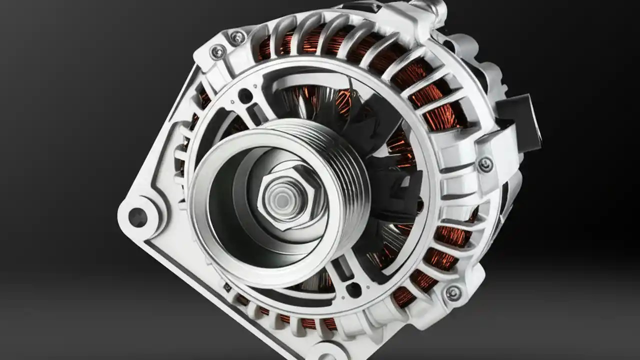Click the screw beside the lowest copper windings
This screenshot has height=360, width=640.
453,293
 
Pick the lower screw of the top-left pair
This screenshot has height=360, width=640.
218,51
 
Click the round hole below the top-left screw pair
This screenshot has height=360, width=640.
245,95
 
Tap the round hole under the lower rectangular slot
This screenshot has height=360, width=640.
354,289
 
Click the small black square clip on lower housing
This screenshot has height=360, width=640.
227,287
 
